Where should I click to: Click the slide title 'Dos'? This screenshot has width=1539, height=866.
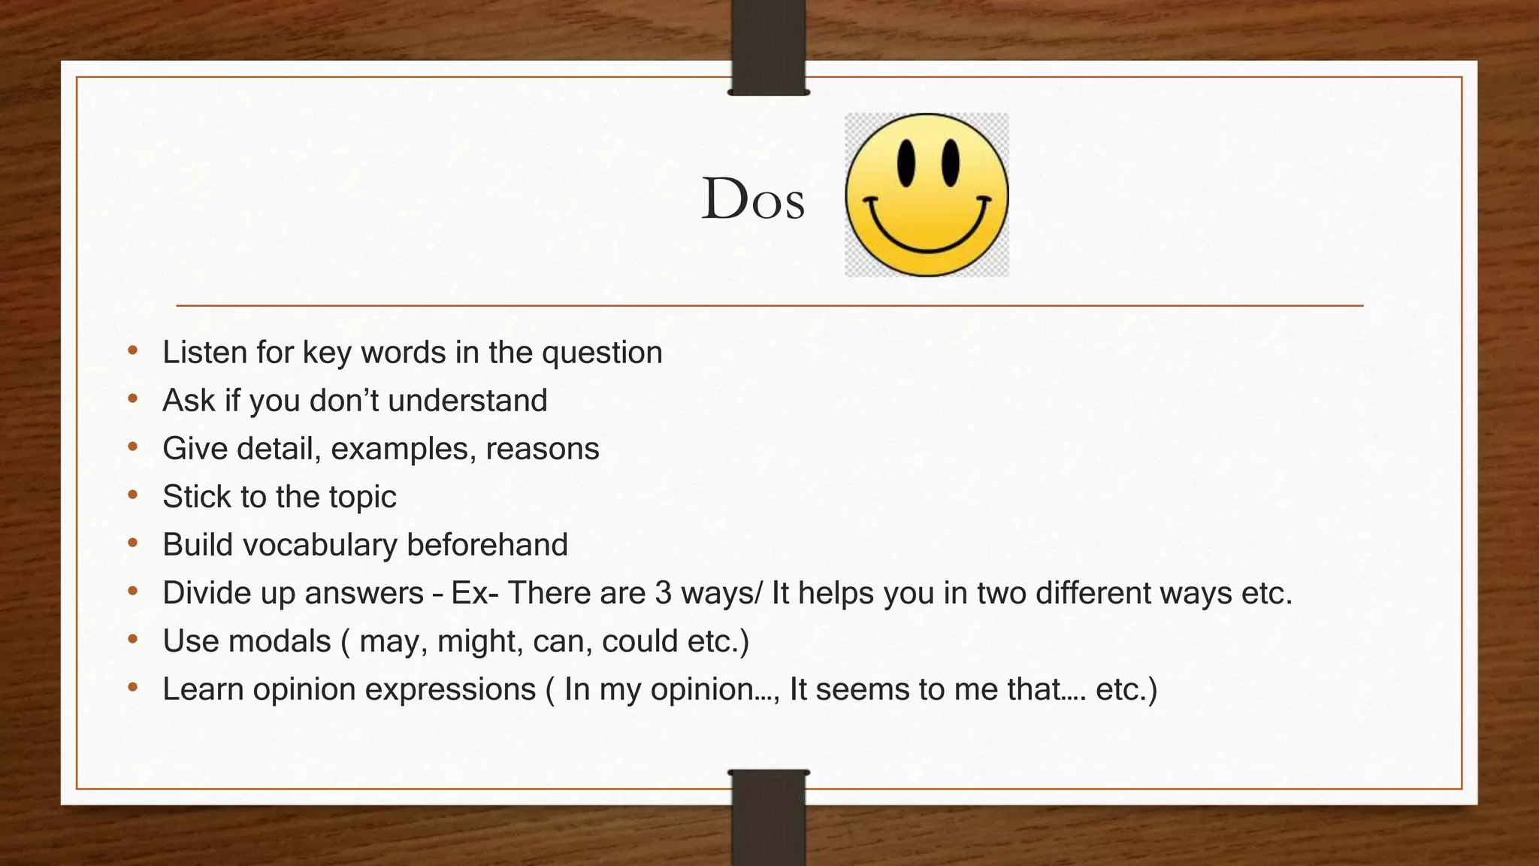click(x=753, y=199)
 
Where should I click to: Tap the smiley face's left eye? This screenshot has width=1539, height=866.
click(x=906, y=162)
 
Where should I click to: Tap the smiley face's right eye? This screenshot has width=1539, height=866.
click(x=951, y=162)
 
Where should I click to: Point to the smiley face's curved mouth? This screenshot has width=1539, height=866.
click(x=927, y=237)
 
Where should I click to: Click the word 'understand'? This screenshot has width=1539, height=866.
click(x=467, y=400)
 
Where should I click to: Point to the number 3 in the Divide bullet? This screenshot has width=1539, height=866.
click(x=663, y=593)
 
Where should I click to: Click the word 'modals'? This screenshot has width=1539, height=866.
click(x=280, y=641)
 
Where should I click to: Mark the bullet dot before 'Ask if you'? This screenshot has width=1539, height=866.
click(x=133, y=398)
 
